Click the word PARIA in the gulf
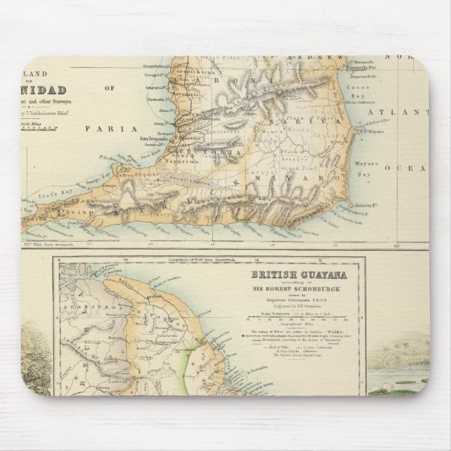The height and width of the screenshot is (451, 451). (x=99, y=128)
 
